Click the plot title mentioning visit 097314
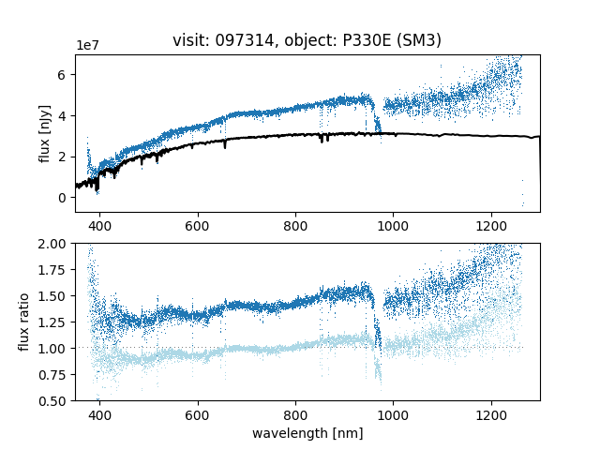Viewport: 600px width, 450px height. coord(307,40)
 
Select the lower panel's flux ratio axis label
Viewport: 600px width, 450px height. coord(24,322)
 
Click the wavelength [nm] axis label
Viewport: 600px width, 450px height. coord(307,434)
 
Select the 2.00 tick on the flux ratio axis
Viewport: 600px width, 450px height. coord(55,244)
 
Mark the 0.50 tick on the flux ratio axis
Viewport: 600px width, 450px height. coord(55,401)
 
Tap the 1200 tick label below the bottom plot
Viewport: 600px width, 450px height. coord(490,414)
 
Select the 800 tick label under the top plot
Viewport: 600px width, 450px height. coord(295,226)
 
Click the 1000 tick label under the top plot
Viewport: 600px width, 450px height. coord(393,226)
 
